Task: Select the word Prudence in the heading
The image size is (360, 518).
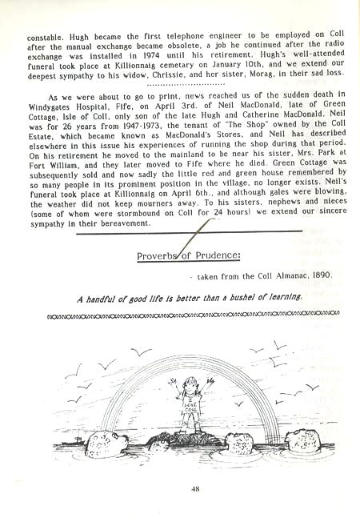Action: (x=201, y=257)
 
